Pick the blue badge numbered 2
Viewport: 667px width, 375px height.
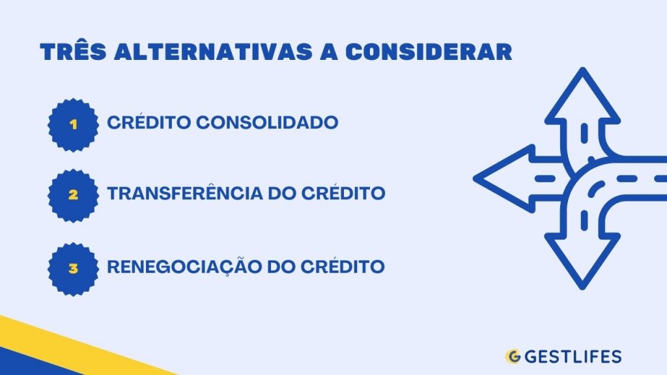click(73, 194)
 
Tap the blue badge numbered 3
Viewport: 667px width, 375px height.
click(73, 267)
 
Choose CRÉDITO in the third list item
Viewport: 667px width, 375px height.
click(345, 267)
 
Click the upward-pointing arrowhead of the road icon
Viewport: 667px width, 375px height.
click(583, 98)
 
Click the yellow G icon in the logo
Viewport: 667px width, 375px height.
click(513, 357)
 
